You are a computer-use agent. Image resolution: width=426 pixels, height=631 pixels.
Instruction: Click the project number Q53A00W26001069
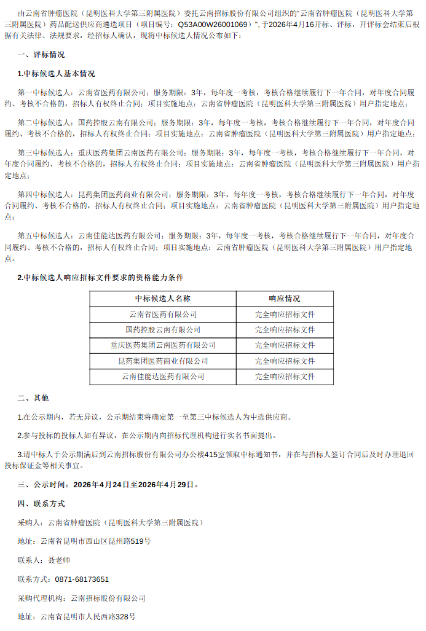pos(214,25)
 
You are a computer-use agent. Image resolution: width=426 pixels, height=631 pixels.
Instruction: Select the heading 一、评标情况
pos(41,55)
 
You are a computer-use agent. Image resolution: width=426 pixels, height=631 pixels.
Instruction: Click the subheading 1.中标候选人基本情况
pos(57,74)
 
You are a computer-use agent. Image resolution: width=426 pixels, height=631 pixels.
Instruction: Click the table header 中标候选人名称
pos(163,299)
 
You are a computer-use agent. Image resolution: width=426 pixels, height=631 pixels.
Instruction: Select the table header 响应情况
pos(285,299)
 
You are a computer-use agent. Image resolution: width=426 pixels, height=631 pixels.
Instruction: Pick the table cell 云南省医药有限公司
pos(163,314)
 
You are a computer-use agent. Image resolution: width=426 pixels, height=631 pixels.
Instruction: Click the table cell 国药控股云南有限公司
pos(163,330)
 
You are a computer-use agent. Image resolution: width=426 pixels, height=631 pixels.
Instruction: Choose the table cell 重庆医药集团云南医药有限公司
pos(163,345)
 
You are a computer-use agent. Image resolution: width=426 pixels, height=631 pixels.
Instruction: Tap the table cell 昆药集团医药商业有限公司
pos(163,361)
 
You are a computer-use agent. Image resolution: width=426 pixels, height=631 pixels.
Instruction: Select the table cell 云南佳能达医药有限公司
pos(163,377)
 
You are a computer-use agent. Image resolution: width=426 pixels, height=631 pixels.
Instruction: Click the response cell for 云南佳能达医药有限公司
pos(285,377)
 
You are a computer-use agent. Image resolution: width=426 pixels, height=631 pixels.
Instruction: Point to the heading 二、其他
pos(33,398)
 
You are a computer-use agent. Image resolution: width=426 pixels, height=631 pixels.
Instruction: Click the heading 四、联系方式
pos(41,504)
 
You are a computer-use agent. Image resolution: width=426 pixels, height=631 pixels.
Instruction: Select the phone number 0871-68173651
pos(82,579)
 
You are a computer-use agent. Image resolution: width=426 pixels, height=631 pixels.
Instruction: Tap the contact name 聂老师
pos(59,560)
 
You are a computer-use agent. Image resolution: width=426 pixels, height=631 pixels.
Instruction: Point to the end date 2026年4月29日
pos(166,484)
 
